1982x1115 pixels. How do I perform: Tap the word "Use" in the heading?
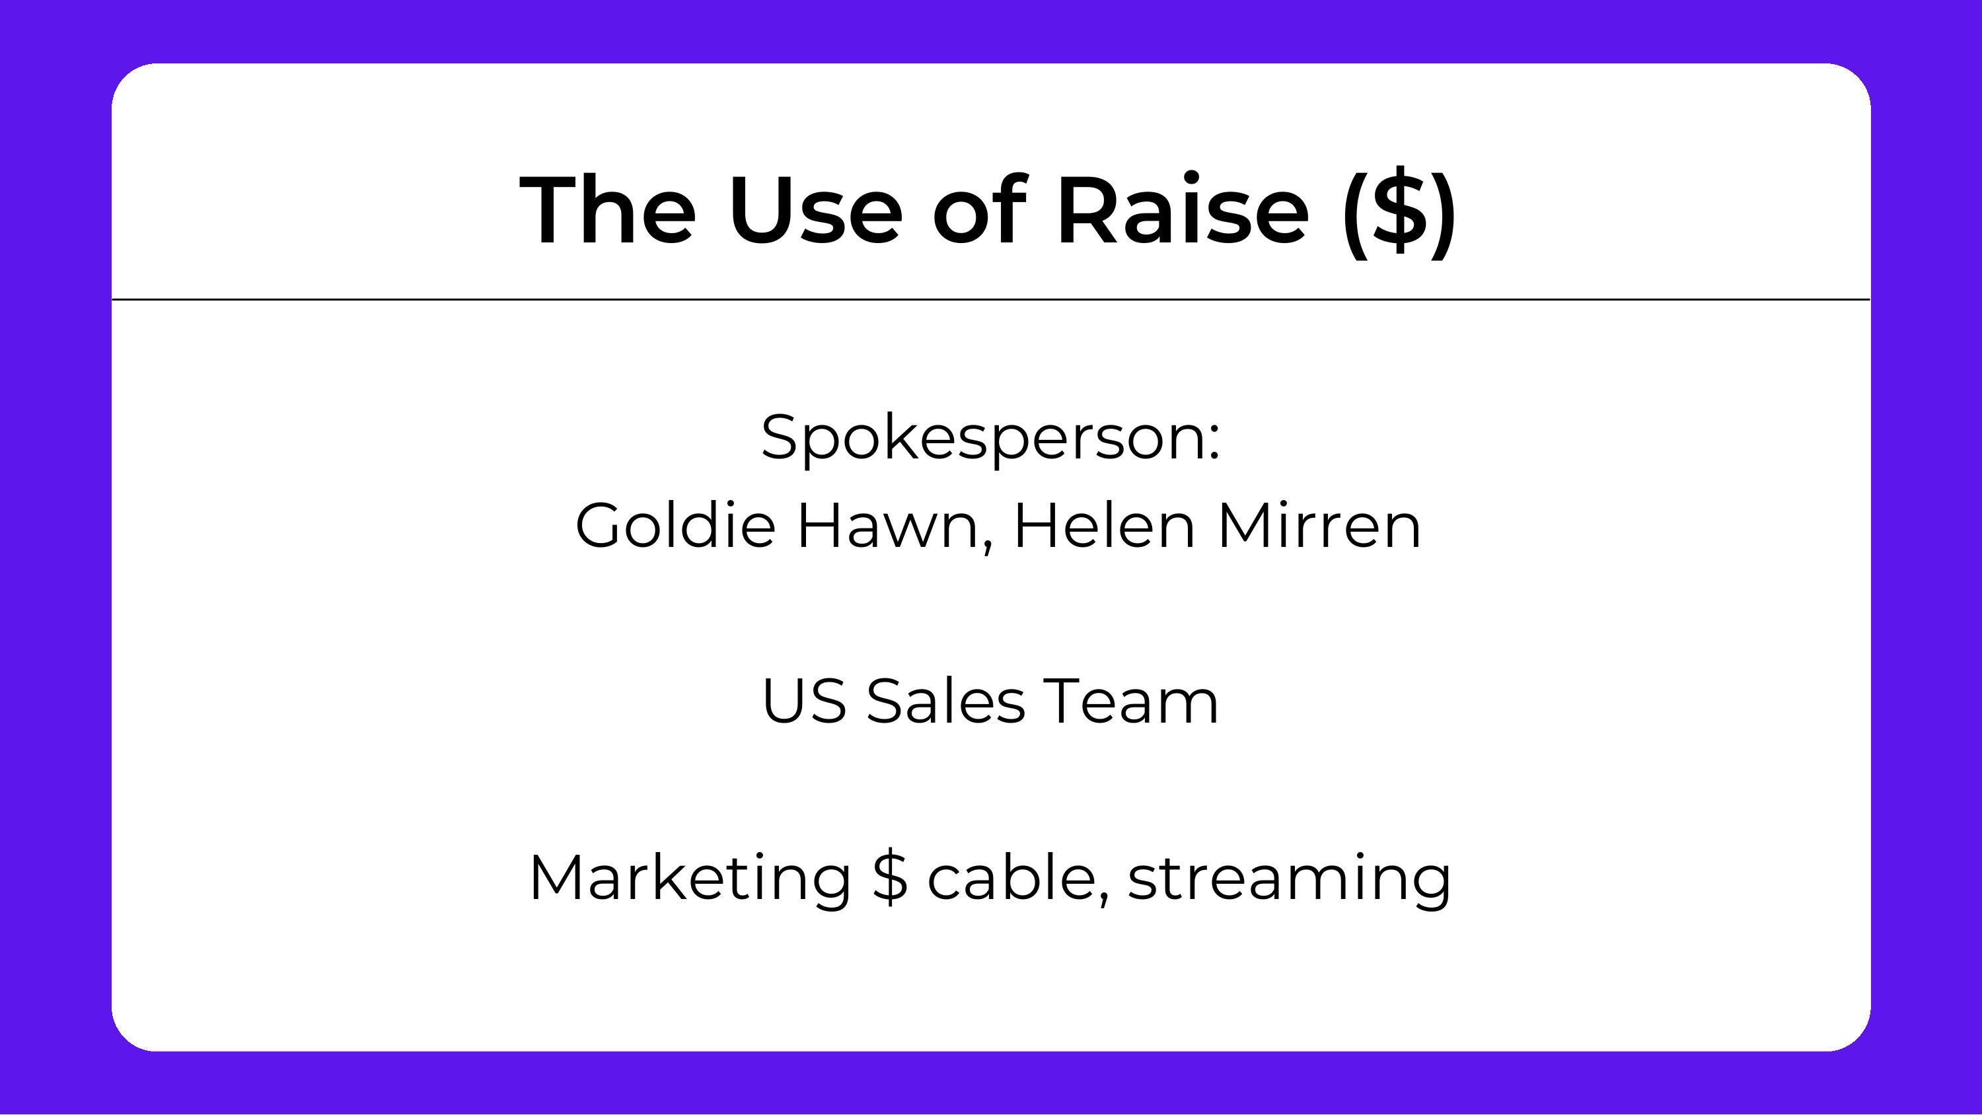[814, 210]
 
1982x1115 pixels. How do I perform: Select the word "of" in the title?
[978, 210]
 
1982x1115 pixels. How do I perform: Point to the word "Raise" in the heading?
[1183, 210]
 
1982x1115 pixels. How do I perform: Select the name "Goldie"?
[675, 526]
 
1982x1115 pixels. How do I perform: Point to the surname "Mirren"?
[1319, 526]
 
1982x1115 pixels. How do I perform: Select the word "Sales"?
[945, 701]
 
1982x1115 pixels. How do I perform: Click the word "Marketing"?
[690, 879]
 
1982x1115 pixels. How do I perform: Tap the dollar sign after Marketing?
[890, 878]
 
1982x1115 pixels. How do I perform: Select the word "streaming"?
[1290, 879]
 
